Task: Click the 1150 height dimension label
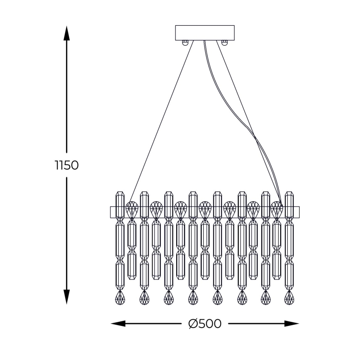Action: tap(66, 165)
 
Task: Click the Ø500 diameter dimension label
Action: tap(204, 324)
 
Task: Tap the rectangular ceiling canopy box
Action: tap(205, 32)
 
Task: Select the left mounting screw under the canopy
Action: tap(186, 42)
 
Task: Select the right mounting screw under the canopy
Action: tap(224, 42)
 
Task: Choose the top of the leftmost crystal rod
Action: tap(120, 194)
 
